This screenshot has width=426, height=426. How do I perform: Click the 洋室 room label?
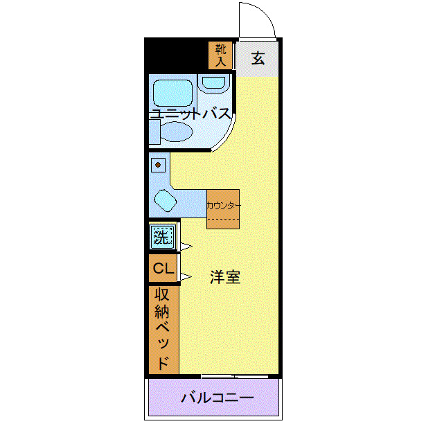pos(225,276)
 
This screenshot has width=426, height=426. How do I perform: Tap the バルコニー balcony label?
pos(218,398)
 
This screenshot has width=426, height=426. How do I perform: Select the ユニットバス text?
pos(190,114)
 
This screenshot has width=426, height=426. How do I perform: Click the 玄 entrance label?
pos(258,58)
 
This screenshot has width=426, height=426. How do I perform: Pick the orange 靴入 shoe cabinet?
pos(220,55)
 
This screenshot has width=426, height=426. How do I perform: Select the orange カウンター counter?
pos(223,208)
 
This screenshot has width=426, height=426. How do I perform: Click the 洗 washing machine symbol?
pos(161,238)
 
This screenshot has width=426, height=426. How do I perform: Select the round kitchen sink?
pos(166,202)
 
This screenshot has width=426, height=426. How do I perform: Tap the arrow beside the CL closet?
pos(186,278)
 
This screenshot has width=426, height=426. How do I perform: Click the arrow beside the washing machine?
pos(186,246)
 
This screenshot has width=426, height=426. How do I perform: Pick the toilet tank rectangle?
pos(153,132)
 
